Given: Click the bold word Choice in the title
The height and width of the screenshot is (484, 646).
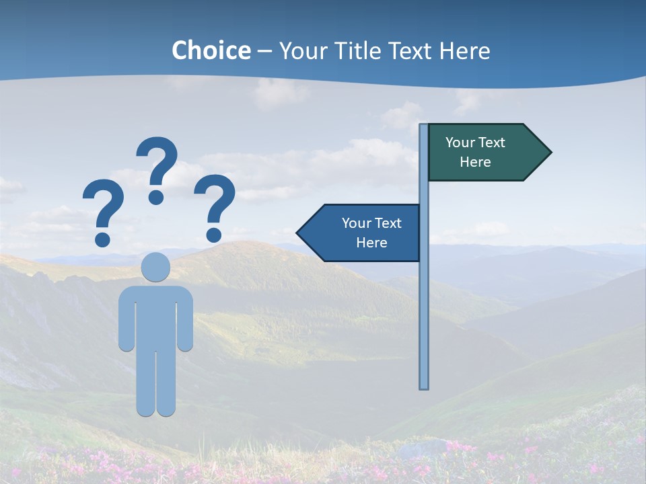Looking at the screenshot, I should point(211,50).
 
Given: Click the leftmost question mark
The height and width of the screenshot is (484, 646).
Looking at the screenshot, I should point(103,205).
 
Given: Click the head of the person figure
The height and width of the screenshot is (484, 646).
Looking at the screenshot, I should point(156,267).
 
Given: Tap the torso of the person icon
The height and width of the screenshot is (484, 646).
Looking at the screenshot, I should point(156,316).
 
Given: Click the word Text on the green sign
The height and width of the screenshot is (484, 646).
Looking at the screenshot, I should point(492,143).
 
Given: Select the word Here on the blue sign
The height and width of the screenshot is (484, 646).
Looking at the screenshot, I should point(371,243).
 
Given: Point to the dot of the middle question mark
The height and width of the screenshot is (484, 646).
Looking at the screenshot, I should point(157,196).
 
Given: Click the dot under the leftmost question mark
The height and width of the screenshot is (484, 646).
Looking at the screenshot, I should point(103,239).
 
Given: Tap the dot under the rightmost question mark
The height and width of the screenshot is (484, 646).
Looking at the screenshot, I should point(214,235).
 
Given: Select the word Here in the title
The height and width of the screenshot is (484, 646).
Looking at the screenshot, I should point(464,50).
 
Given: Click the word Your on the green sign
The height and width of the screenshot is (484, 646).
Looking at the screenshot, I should point(460,143).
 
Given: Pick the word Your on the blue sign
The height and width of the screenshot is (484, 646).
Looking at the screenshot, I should point(357,223).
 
